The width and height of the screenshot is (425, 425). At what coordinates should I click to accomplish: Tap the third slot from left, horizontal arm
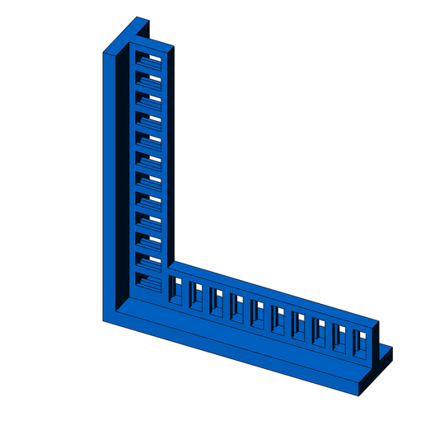[x=217, y=301]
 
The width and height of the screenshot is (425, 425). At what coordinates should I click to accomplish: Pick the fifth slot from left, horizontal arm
[x=258, y=313]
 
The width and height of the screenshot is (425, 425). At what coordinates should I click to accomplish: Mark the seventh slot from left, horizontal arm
[x=298, y=324]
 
